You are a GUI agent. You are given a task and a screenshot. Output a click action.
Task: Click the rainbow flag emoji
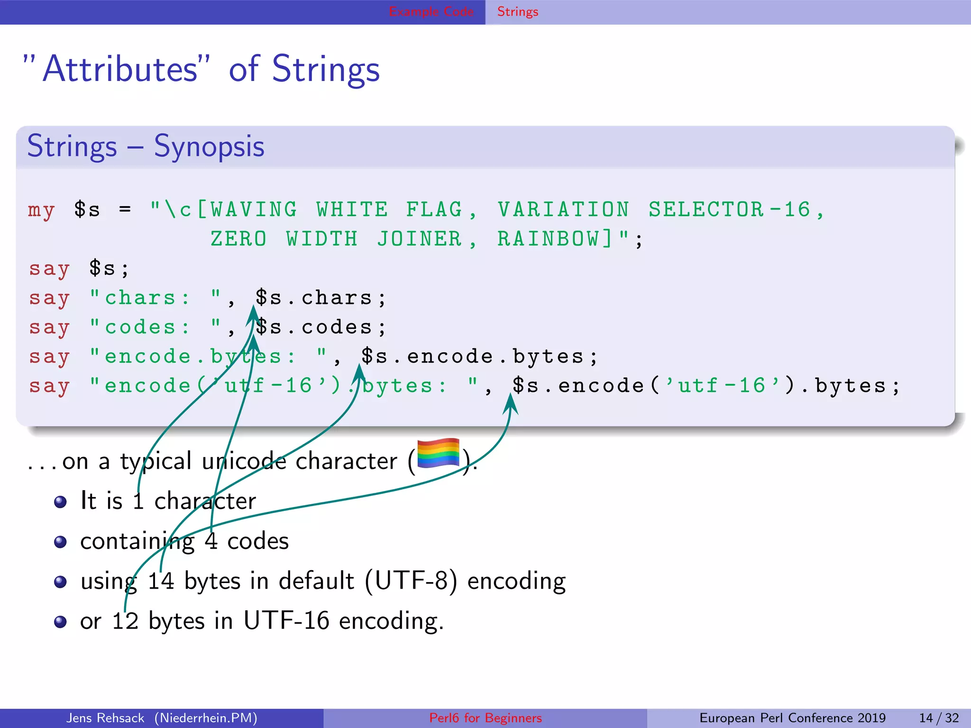pos(438,453)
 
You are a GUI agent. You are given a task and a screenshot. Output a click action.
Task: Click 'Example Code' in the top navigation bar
pos(431,12)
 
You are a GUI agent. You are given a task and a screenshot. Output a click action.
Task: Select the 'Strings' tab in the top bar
pos(518,12)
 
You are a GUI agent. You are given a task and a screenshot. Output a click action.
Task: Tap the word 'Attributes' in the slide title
pos(120,69)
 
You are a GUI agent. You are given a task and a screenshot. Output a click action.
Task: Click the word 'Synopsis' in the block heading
pos(209,146)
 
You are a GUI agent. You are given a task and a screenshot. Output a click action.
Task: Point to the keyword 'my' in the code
pos(41,210)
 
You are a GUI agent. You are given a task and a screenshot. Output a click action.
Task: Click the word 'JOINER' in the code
pos(420,239)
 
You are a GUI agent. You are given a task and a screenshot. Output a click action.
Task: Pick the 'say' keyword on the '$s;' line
pos(49,269)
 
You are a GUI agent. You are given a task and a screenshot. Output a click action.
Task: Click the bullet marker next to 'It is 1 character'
pos(60,502)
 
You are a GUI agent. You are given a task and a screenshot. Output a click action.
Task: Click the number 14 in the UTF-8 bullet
pos(161,581)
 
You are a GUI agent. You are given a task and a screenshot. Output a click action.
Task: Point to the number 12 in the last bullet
pos(125,621)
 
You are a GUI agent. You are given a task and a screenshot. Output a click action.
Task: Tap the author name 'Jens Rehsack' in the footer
pos(105,718)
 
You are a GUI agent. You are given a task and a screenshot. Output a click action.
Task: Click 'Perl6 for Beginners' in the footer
pos(485,718)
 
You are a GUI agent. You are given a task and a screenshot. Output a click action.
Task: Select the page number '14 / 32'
pos(939,718)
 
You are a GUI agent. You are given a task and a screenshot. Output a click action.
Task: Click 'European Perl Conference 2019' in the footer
pos(792,718)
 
